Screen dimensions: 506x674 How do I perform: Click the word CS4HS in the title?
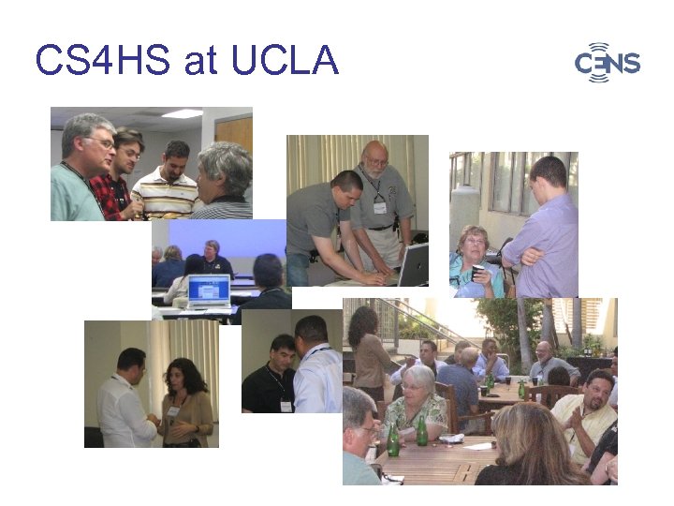tap(103, 62)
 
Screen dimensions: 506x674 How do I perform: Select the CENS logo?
tap(607, 63)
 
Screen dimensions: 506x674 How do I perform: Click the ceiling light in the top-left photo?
tap(182, 113)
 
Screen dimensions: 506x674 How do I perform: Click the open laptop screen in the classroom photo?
tap(209, 290)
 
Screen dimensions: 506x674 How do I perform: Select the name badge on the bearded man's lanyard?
tap(379, 206)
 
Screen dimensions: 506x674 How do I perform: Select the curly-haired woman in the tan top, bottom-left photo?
tap(184, 403)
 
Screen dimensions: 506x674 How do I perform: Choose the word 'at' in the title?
tap(199, 62)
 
